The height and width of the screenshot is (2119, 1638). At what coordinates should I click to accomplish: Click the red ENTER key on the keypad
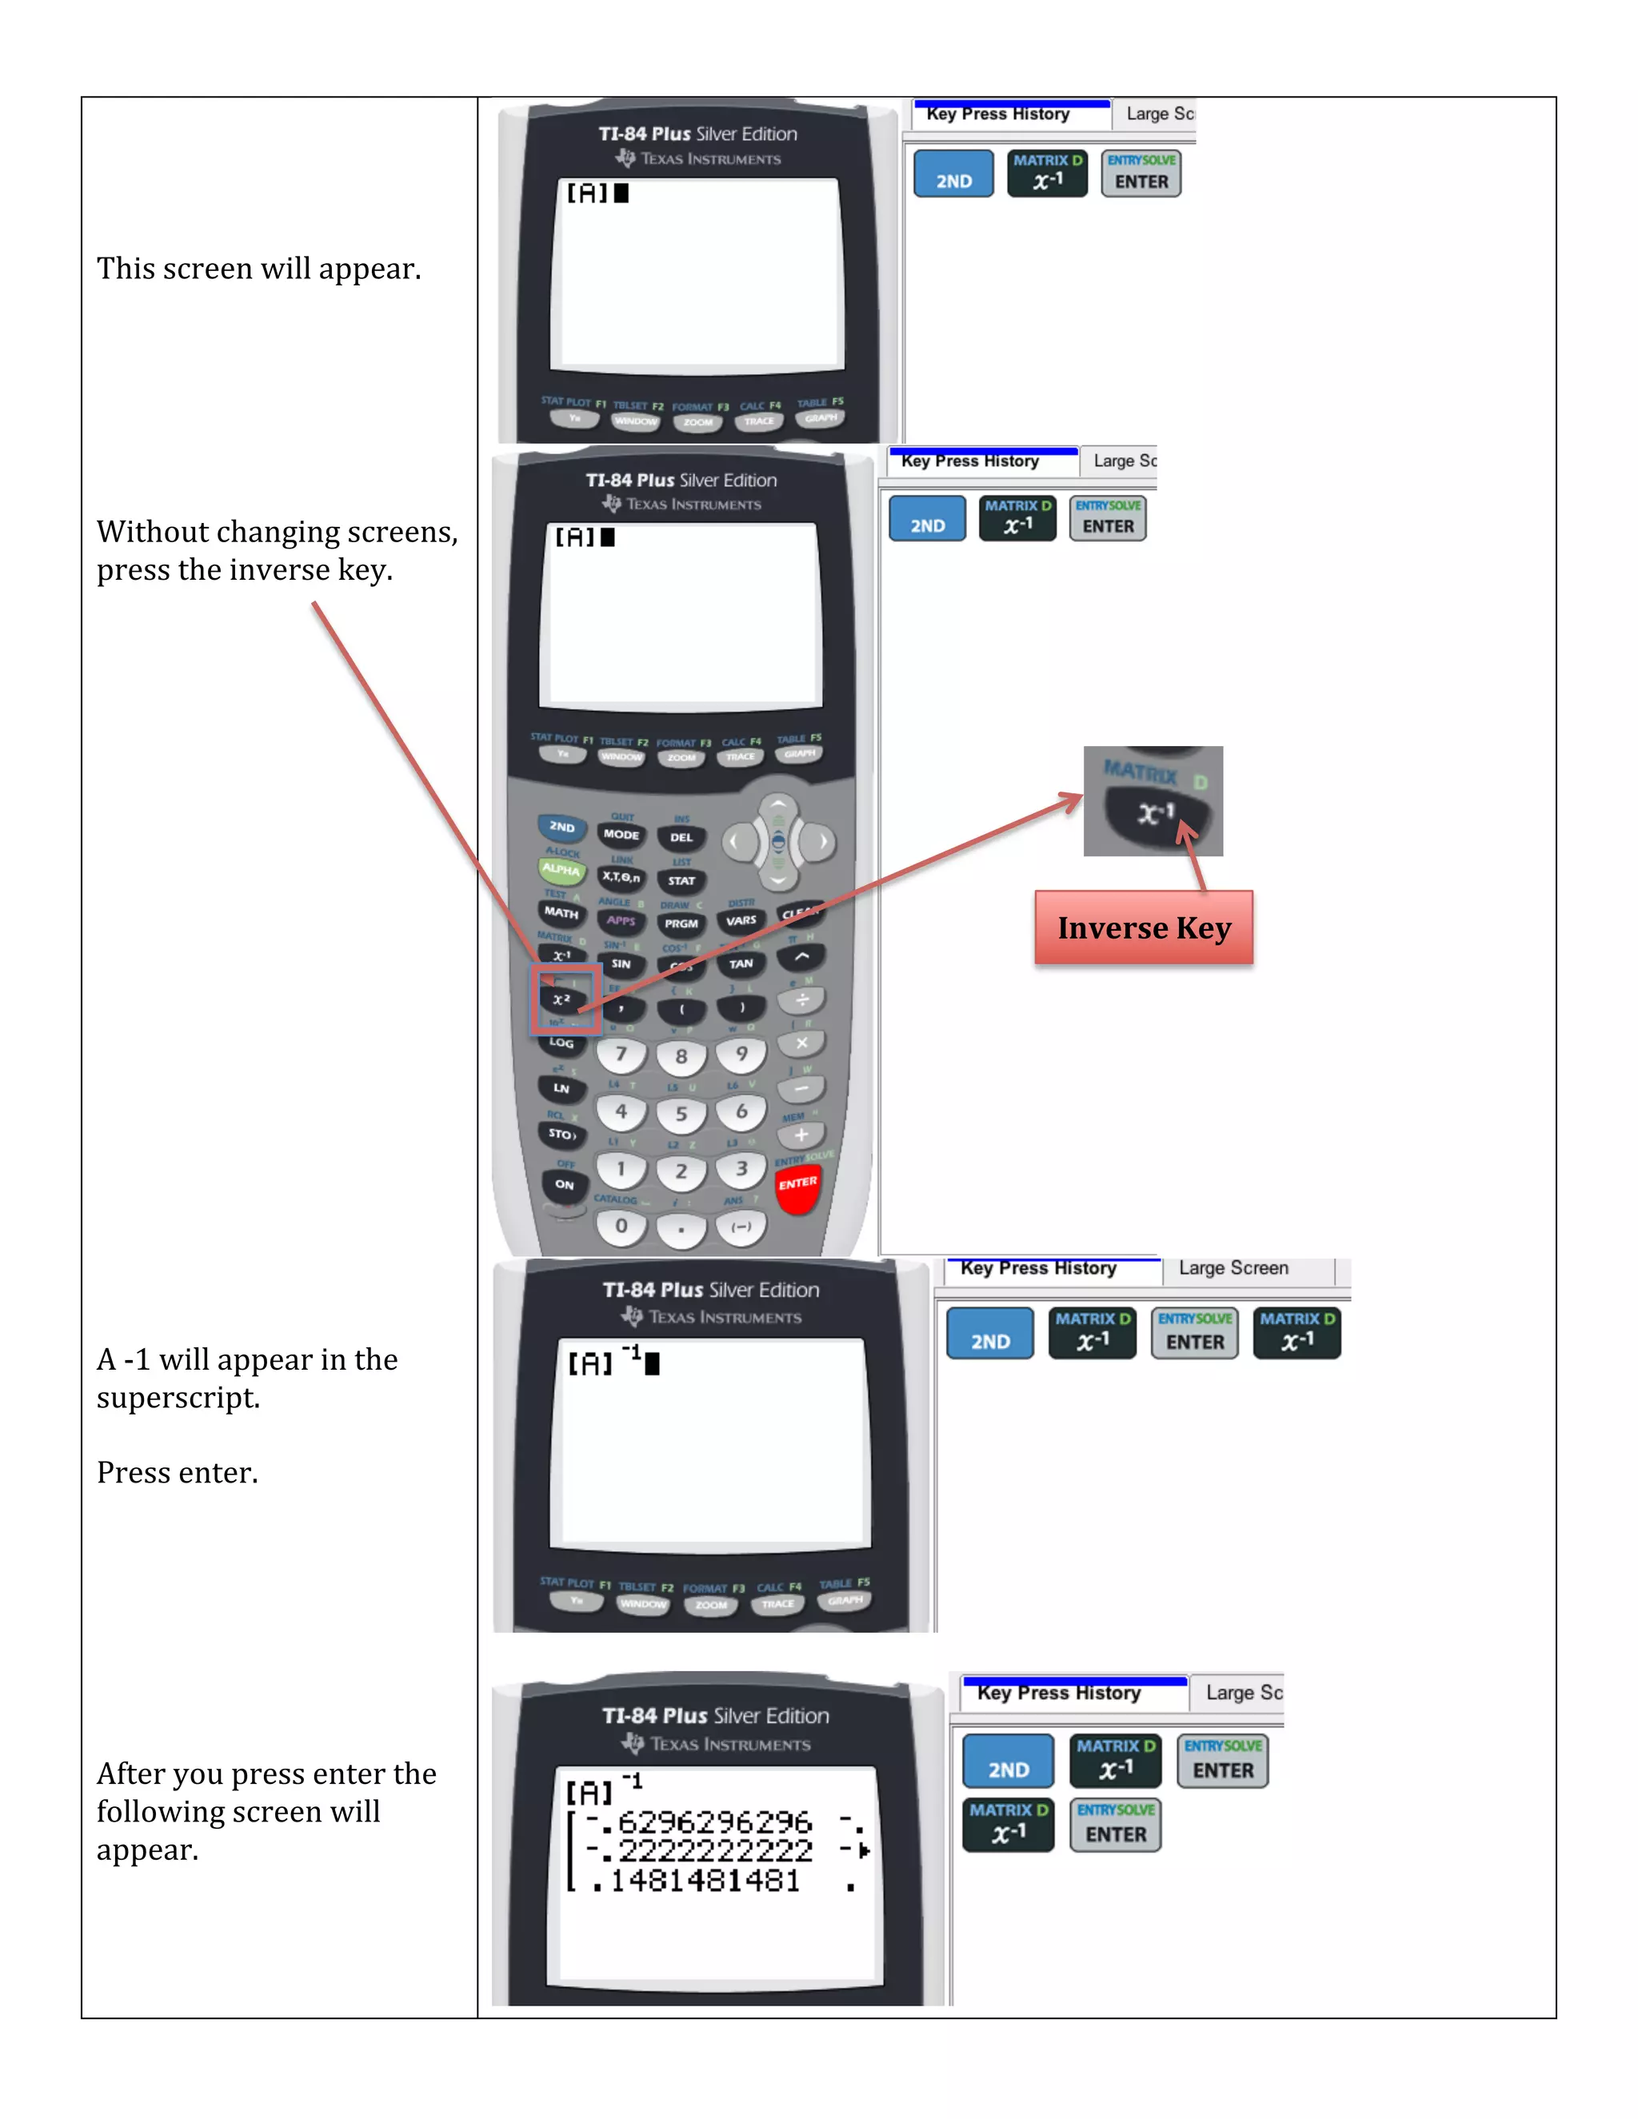[797, 1186]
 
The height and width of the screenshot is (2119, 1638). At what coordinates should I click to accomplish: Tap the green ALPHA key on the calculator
[561, 869]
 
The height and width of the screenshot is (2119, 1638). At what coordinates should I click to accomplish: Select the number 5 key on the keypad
[681, 1114]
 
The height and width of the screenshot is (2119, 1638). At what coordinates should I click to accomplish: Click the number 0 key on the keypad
[621, 1227]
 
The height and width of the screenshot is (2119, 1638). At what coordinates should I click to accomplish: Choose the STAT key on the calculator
[681, 881]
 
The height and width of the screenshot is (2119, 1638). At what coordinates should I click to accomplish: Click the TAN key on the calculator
[741, 964]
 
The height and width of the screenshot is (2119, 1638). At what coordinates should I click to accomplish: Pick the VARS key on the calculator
[741, 920]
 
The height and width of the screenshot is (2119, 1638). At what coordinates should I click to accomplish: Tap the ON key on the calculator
[564, 1185]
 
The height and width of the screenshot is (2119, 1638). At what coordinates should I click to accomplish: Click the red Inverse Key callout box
[1144, 928]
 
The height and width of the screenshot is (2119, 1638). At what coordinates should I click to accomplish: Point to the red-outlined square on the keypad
[565, 1000]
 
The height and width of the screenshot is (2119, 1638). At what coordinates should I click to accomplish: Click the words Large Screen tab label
[1233, 1268]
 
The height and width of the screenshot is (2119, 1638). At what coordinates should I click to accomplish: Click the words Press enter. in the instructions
[178, 1473]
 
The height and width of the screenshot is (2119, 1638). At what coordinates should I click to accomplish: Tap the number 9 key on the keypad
[741, 1055]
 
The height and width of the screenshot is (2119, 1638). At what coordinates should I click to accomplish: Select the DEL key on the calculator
[681, 837]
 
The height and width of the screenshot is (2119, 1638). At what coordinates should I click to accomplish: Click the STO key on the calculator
[561, 1133]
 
